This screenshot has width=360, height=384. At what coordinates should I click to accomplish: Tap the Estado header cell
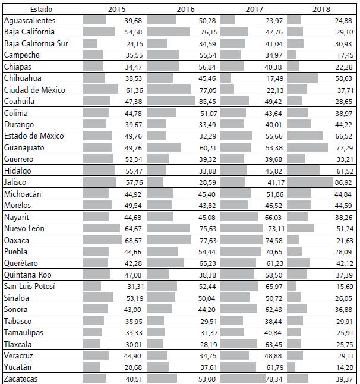tap(42, 9)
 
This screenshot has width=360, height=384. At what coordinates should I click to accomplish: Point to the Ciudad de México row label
tap(34, 90)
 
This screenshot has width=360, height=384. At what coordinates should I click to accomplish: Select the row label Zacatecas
tap(21, 379)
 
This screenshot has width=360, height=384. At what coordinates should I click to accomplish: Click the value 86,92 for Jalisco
tap(343, 182)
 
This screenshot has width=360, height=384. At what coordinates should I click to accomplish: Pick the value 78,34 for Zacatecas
tap(275, 379)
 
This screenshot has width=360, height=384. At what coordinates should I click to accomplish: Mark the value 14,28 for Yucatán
tap(343, 367)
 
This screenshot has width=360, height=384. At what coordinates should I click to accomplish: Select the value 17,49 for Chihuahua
tap(275, 78)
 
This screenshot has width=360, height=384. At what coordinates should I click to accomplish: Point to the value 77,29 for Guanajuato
tap(343, 147)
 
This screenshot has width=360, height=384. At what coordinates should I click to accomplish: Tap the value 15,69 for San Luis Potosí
tap(343, 287)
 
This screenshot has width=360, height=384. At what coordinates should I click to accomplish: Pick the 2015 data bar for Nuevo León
tap(102, 228)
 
